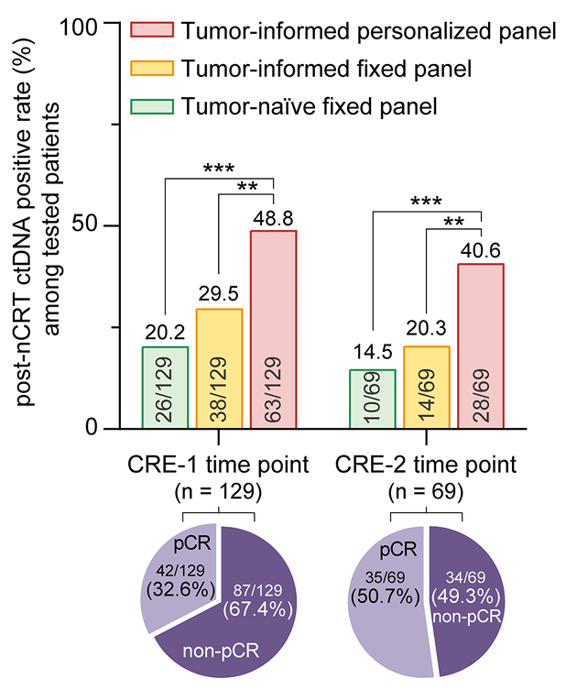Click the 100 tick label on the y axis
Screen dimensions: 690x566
(x=93, y=25)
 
